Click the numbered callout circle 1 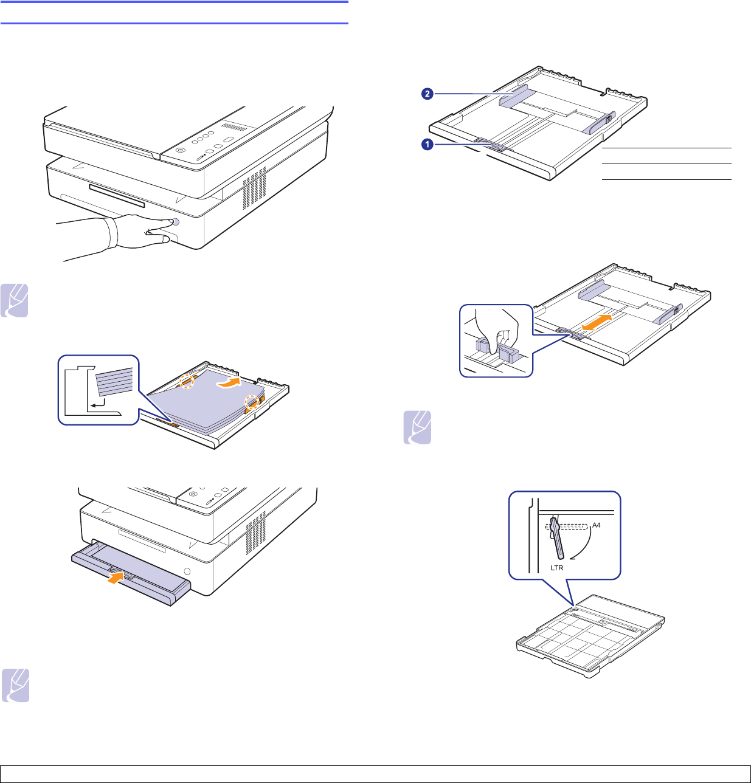pyautogui.click(x=427, y=145)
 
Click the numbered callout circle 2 pyautogui.click(x=427, y=94)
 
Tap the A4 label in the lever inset pyautogui.click(x=597, y=525)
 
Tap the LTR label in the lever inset pyautogui.click(x=556, y=568)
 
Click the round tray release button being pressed pyautogui.click(x=175, y=222)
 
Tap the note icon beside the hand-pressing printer pyautogui.click(x=15, y=300)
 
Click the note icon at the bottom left pyautogui.click(x=15, y=686)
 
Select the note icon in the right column pyautogui.click(x=417, y=427)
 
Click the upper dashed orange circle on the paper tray pyautogui.click(x=188, y=382)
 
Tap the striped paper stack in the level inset pyautogui.click(x=114, y=385)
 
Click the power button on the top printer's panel pyautogui.click(x=180, y=151)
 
